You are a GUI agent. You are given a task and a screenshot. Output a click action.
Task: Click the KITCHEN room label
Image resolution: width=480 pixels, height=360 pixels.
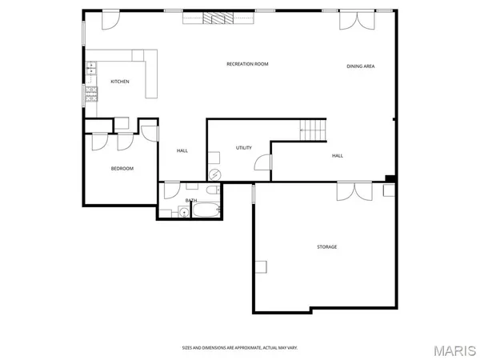(120, 82)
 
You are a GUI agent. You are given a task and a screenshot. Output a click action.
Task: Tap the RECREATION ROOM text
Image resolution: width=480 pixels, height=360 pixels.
(246, 63)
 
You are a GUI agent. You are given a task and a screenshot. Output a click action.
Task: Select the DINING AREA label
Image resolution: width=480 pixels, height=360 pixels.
(360, 66)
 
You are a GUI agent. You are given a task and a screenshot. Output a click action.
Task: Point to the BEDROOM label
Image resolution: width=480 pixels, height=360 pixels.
(122, 168)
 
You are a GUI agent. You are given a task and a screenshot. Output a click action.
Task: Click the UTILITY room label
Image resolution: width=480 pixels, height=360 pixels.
(243, 148)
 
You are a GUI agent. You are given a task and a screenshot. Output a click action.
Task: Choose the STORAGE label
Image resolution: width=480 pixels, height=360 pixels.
(326, 246)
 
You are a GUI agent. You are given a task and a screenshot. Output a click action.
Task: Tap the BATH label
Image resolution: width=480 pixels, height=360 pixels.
(191, 200)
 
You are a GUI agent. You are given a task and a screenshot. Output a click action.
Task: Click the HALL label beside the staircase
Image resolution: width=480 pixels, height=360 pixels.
(337, 155)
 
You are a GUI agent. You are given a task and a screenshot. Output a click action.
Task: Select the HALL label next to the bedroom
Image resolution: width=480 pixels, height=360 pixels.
(182, 150)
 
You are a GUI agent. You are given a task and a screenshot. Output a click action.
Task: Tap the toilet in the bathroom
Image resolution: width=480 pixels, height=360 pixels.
(211, 192)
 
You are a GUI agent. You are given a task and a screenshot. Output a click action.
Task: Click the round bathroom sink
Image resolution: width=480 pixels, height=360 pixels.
(182, 212)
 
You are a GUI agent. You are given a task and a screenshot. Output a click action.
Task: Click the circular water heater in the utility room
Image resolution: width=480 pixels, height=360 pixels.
(214, 175)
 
